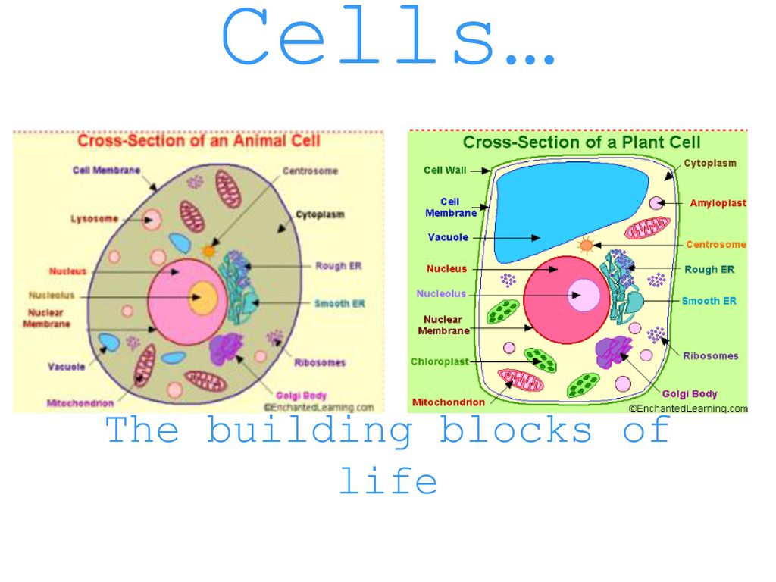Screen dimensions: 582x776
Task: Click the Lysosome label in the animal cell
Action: click(x=94, y=219)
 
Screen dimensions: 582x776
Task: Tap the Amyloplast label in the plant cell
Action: click(x=717, y=203)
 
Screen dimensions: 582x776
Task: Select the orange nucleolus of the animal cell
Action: click(x=203, y=297)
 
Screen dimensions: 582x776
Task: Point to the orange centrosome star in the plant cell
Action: click(x=586, y=246)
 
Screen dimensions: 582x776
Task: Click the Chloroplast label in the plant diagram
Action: click(x=440, y=361)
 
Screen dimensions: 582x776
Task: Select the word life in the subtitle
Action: click(x=387, y=481)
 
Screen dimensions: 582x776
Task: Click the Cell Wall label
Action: click(x=445, y=171)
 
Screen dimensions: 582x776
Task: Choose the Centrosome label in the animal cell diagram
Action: click(x=310, y=171)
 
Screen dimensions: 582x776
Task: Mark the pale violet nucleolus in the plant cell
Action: click(x=584, y=294)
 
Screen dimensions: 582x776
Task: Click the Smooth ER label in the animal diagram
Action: click(x=339, y=304)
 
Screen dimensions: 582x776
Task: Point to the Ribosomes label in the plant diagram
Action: click(x=710, y=355)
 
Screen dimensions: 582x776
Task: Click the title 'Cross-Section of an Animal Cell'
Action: click(x=199, y=141)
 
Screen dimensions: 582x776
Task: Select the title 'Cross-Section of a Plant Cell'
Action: click(x=581, y=142)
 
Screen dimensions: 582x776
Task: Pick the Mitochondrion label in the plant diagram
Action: click(x=448, y=402)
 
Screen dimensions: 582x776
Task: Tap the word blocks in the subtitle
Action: click(x=518, y=430)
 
